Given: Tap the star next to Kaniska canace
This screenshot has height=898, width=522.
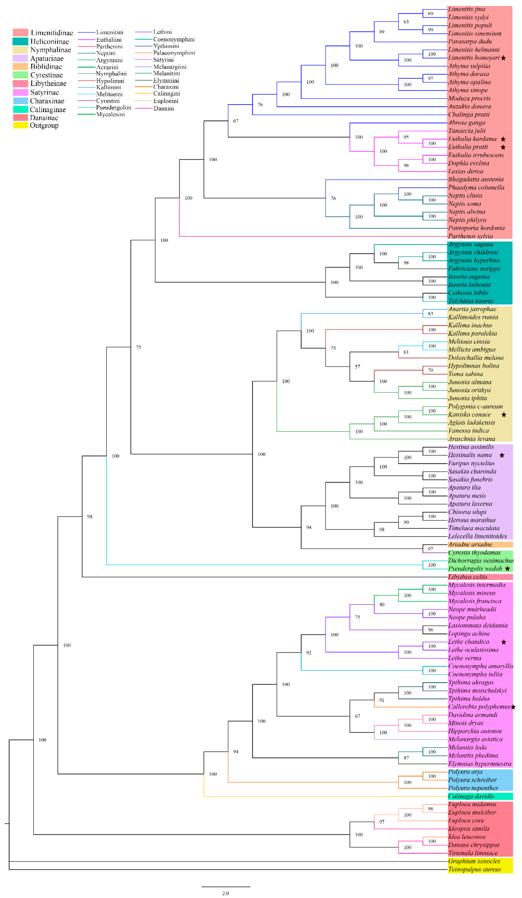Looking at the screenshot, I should tap(503, 414).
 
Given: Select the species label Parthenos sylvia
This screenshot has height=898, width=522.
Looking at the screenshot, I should tap(470, 236).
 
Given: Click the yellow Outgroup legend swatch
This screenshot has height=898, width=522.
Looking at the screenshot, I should tap(20, 125).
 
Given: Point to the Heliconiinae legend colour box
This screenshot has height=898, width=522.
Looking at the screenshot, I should tap(20, 41).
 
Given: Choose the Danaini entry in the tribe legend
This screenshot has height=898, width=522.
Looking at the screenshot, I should tap(164, 108).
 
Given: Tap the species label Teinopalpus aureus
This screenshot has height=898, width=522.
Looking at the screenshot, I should tap(474, 869).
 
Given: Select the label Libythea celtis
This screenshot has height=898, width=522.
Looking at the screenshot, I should tap(467, 577).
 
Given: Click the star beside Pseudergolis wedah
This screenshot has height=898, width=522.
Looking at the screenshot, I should tap(507, 568).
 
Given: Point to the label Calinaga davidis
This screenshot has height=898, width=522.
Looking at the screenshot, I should tap(471, 796).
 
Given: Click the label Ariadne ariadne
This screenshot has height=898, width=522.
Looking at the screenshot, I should tap(470, 544).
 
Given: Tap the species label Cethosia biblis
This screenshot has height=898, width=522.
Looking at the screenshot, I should tap(468, 293).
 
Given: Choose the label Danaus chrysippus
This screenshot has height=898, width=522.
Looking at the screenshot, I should tap(473, 845).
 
